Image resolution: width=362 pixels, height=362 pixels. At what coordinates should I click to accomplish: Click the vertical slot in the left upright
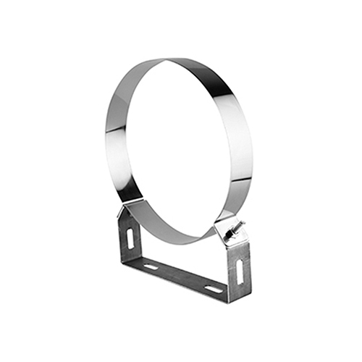(130, 238)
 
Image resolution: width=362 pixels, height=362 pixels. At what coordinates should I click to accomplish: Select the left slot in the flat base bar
(151, 266)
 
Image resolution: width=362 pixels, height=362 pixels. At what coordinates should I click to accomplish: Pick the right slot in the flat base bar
(214, 289)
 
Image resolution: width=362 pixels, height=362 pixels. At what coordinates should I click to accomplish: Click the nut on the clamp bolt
(234, 231)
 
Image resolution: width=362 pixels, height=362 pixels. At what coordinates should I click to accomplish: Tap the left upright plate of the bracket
(129, 235)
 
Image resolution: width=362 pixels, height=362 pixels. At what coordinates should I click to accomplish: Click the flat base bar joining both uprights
(181, 279)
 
